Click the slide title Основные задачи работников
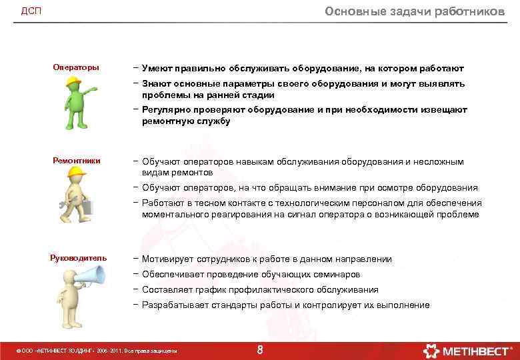tap(414, 11)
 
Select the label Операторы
tap(76, 67)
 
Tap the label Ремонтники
tap(77, 160)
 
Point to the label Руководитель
tap(78, 258)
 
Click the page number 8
tap(260, 349)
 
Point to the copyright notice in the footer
tap(97, 351)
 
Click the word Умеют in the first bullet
tap(157, 69)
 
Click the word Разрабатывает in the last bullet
tap(175, 305)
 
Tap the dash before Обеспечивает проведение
tap(135, 274)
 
